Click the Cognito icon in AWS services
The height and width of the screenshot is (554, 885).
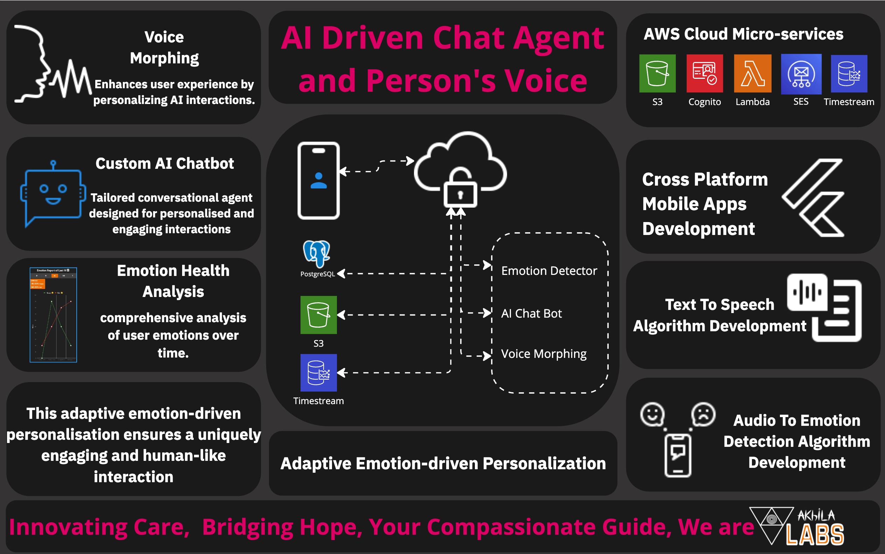pyautogui.click(x=704, y=73)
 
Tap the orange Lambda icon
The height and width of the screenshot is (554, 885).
pyautogui.click(x=752, y=73)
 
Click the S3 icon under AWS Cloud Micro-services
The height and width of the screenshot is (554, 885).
pyautogui.click(x=657, y=73)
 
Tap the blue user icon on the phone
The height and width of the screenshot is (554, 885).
pyautogui.click(x=318, y=180)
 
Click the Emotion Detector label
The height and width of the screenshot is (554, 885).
pyautogui.click(x=549, y=271)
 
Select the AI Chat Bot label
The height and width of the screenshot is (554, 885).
pyautogui.click(x=531, y=314)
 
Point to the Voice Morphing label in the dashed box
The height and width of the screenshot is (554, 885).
pyautogui.click(x=544, y=354)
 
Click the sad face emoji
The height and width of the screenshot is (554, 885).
pyautogui.click(x=703, y=414)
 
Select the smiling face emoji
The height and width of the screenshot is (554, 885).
pyautogui.click(x=652, y=414)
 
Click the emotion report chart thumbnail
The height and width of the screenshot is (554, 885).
pyautogui.click(x=53, y=315)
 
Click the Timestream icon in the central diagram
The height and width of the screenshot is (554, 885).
pyautogui.click(x=318, y=373)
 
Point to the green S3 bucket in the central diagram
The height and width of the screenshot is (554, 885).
pyautogui.click(x=318, y=315)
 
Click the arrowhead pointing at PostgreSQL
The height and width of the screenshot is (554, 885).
pyautogui.click(x=341, y=274)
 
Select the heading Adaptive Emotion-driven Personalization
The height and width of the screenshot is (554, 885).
pyautogui.click(x=443, y=464)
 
